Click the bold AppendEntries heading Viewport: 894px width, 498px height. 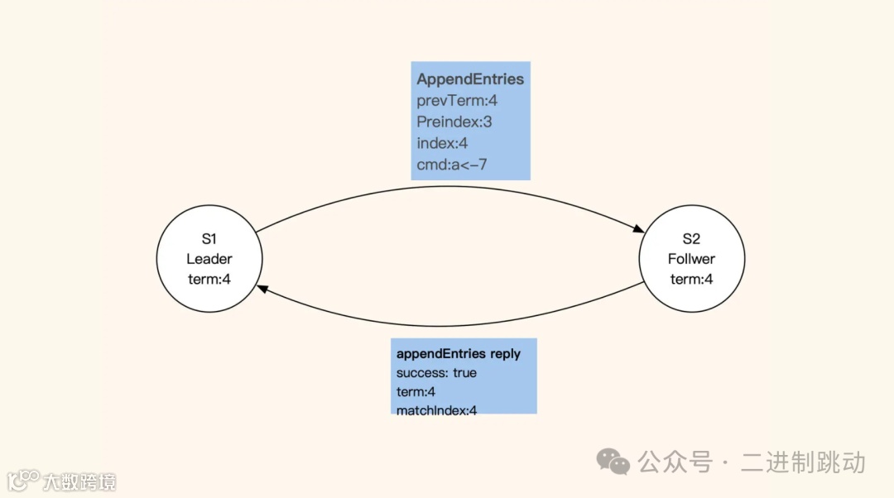470,79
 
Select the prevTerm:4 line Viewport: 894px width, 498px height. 457,101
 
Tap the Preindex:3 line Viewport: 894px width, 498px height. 454,122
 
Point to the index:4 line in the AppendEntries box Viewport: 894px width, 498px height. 442,143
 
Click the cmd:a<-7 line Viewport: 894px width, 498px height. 452,165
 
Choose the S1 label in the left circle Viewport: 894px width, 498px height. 209,239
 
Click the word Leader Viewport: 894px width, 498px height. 209,259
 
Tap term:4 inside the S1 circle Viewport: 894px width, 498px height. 209,279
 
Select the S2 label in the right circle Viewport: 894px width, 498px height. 691,239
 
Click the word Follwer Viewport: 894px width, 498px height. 691,259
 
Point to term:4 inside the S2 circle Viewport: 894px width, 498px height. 691,279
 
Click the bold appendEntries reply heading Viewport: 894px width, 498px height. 459,354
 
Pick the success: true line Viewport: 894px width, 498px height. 436,373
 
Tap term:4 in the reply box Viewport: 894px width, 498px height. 416,391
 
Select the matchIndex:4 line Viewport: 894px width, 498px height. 437,409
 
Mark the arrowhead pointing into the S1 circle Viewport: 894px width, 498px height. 262,288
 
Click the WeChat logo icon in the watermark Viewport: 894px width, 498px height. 613,461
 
